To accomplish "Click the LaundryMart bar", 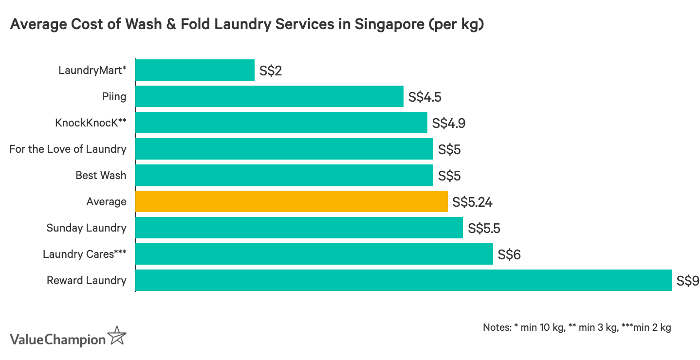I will pos(195,70).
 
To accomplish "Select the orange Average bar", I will pos(291,201).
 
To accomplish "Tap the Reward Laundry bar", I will pos(403,280).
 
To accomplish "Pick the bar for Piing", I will pos(269,96).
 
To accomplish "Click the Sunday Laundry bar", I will pos(299,228).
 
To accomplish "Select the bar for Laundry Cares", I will pos(314,254).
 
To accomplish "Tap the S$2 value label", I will pos(271,71).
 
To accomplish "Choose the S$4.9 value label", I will pos(449,123).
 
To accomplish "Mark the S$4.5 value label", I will pos(425,97).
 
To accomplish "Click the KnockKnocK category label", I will pos(91,123).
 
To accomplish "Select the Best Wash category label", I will pos(101,175).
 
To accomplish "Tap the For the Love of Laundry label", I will pos(68,149).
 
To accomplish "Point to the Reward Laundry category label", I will pos(86,280).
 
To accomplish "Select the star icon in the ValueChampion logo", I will pos(117,336).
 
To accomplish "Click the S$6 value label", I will pos(509,254).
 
